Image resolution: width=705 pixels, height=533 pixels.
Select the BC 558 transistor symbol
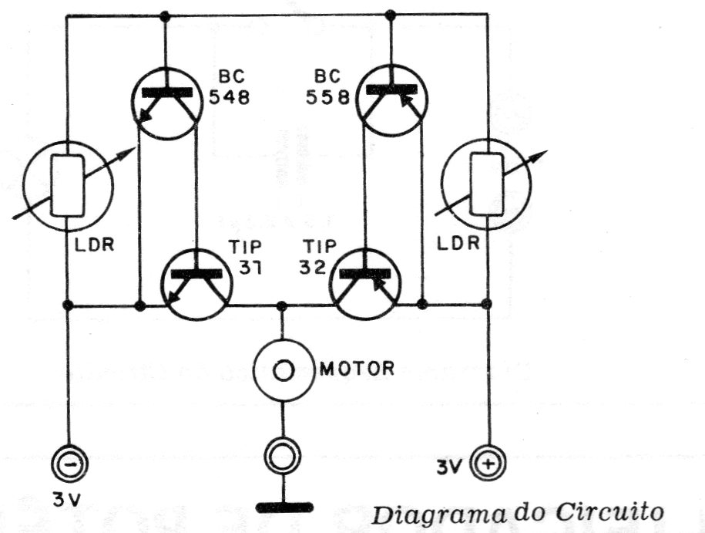click(x=392, y=100)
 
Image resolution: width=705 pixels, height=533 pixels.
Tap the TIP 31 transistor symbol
click(x=197, y=284)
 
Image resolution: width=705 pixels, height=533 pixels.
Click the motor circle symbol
click(x=283, y=370)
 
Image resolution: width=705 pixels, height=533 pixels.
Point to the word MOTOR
click(x=357, y=369)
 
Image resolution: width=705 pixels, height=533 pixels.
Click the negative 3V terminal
click(x=69, y=464)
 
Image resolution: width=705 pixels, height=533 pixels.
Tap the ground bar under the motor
click(x=284, y=508)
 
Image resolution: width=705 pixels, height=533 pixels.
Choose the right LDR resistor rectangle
click(x=487, y=184)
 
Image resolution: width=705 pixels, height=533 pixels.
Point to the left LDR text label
click(x=93, y=245)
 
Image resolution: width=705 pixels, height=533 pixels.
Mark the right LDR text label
click(x=458, y=244)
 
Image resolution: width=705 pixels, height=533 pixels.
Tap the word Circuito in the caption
click(x=609, y=512)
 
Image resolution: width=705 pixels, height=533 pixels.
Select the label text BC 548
click(x=230, y=87)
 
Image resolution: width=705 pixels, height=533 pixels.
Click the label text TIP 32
click(x=317, y=257)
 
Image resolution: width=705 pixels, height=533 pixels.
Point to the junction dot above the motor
click(x=282, y=306)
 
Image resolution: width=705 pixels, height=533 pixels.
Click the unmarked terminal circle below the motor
click(x=283, y=455)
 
